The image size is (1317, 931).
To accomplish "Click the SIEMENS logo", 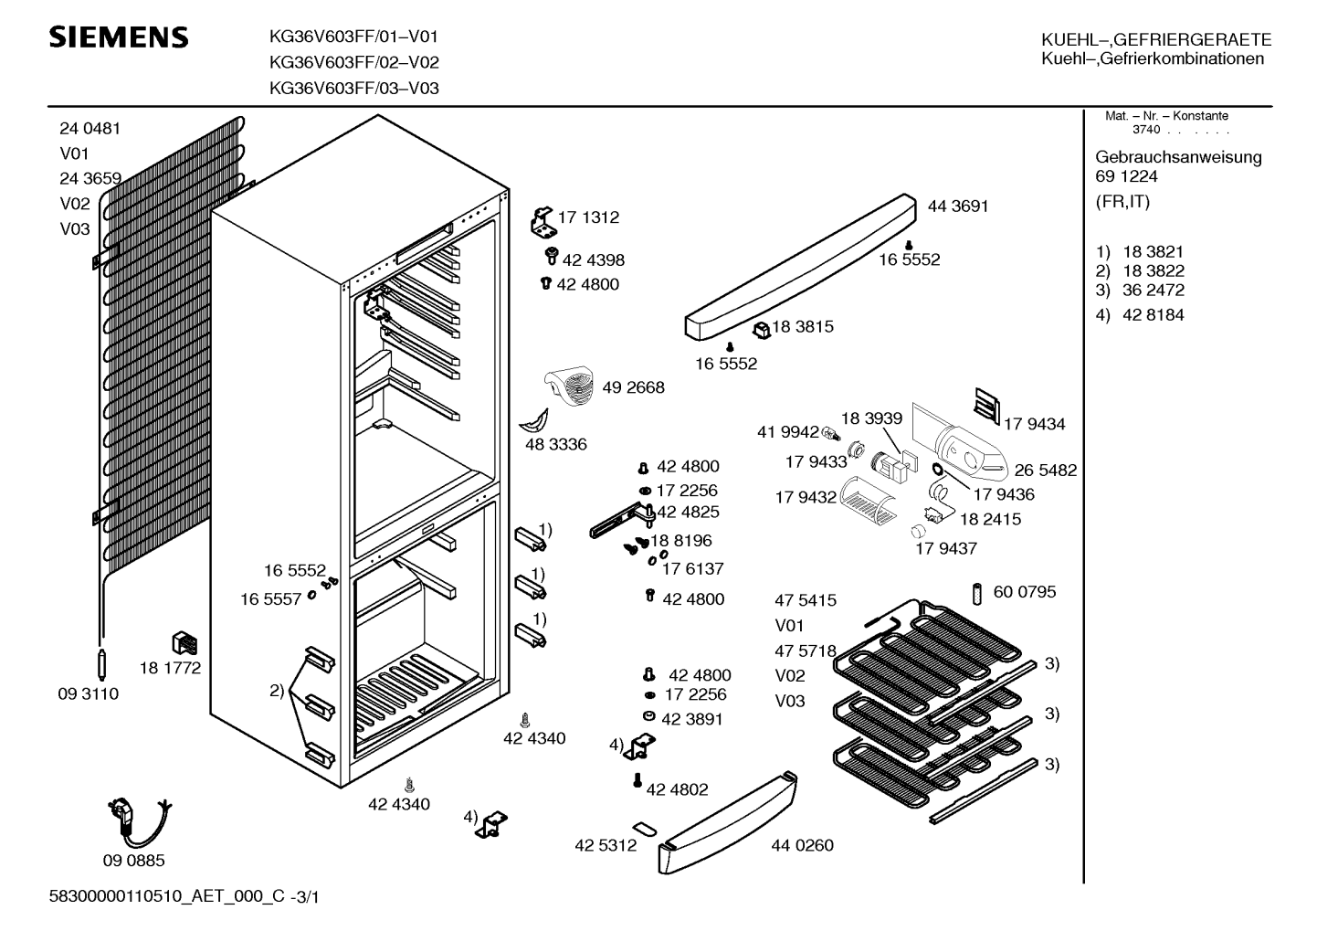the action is (x=119, y=37).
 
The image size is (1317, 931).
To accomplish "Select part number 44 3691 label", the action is (x=958, y=206).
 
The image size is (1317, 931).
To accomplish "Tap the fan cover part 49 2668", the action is (x=568, y=386).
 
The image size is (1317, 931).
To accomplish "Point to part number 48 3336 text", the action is (x=555, y=444).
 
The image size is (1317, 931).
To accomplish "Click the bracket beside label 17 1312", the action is (x=543, y=222).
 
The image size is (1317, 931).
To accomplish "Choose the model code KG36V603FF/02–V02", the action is (x=354, y=62).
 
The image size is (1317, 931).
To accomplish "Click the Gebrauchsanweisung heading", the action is (x=1178, y=157).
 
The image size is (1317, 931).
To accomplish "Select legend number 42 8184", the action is (x=1153, y=314).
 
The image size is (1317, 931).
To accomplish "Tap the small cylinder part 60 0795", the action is (x=977, y=594).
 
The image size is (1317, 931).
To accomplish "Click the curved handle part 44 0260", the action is (x=728, y=823).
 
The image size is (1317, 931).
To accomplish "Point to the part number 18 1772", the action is (x=170, y=668).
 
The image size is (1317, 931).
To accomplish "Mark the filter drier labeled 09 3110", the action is (x=101, y=664).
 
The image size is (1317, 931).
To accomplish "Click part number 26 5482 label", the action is (x=1046, y=470).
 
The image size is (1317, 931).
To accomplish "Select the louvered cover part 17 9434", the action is (x=987, y=406).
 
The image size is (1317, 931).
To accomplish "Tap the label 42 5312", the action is (x=606, y=845).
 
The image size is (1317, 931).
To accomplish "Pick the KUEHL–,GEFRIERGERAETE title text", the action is (x=1156, y=39).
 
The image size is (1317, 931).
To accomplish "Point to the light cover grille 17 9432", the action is (x=869, y=500).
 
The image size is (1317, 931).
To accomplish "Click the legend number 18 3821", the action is (x=1153, y=252).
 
